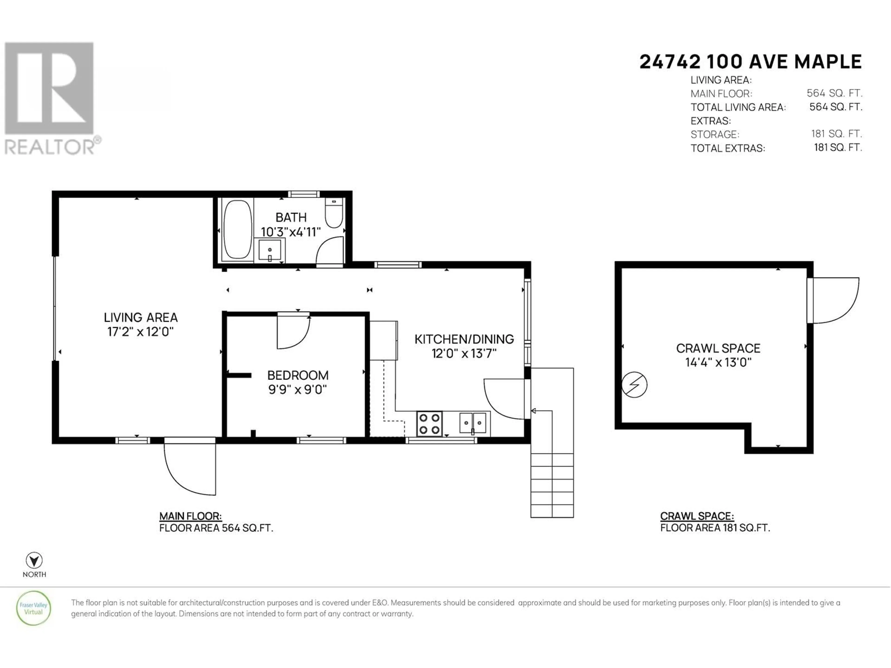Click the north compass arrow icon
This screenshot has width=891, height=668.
click(34, 560)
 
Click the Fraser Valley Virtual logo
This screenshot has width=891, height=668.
click(33, 608)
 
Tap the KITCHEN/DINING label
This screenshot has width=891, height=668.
click(464, 339)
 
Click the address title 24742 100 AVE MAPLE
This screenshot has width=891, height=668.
click(750, 62)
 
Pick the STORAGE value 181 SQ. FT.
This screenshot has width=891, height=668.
click(837, 134)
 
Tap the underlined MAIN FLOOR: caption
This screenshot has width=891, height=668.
click(190, 516)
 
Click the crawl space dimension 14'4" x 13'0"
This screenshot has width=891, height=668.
click(718, 362)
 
